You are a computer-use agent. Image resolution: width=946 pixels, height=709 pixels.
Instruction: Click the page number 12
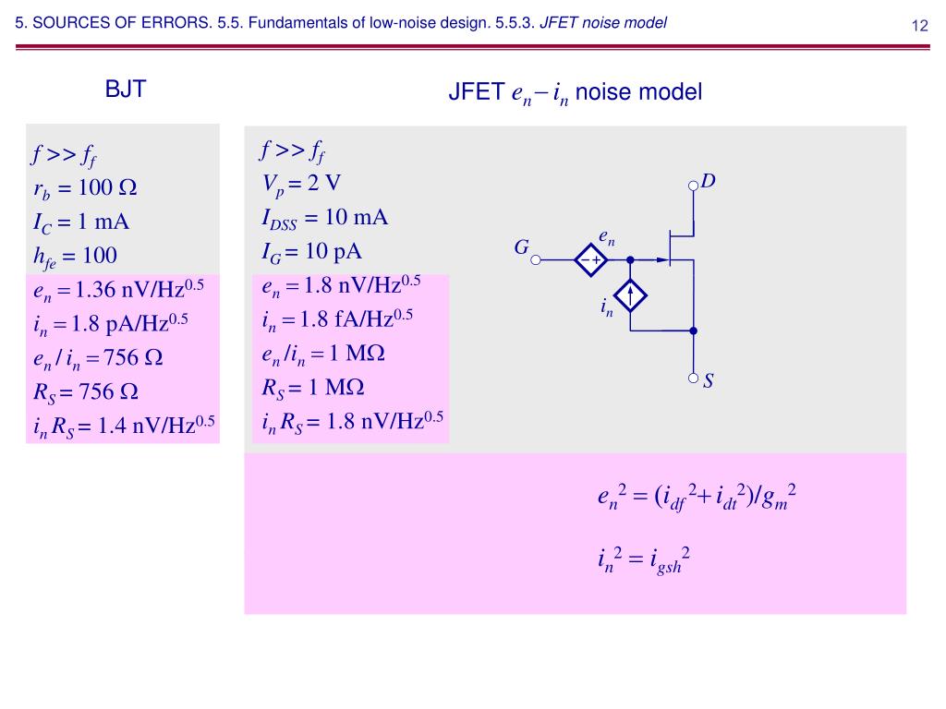[x=919, y=25]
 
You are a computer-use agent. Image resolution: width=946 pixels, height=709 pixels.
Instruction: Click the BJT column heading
[x=127, y=90]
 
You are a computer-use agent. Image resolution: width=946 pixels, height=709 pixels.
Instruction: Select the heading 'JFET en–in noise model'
[x=575, y=93]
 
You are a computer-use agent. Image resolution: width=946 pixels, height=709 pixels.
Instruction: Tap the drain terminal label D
[x=709, y=182]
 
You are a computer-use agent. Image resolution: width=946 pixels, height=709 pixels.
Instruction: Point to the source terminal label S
[x=709, y=379]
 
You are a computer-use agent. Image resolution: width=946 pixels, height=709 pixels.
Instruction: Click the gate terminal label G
[x=521, y=247]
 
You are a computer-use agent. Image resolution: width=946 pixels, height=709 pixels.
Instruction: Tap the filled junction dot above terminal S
[x=694, y=330]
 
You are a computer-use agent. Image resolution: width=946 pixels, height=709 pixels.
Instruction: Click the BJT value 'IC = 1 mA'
[x=80, y=222]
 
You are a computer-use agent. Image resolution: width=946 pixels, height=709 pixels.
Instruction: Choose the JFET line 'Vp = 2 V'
[x=302, y=183]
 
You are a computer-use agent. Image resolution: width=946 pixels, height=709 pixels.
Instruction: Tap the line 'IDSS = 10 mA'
[x=324, y=218]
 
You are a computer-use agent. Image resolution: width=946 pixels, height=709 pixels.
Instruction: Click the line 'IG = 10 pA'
[x=311, y=251]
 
